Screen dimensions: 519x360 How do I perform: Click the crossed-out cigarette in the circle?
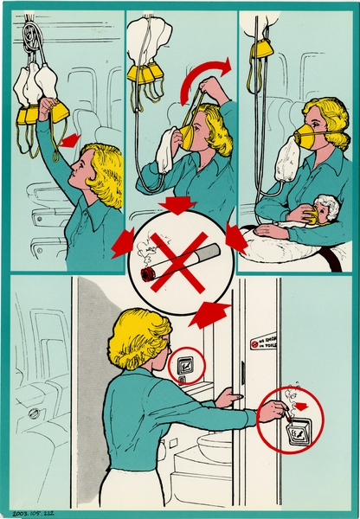(x=179, y=257)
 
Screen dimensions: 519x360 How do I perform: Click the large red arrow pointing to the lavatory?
(x=209, y=313)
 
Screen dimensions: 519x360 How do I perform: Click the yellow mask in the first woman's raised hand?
(x=59, y=111)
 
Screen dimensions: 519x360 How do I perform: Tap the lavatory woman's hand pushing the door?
(x=227, y=397)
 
